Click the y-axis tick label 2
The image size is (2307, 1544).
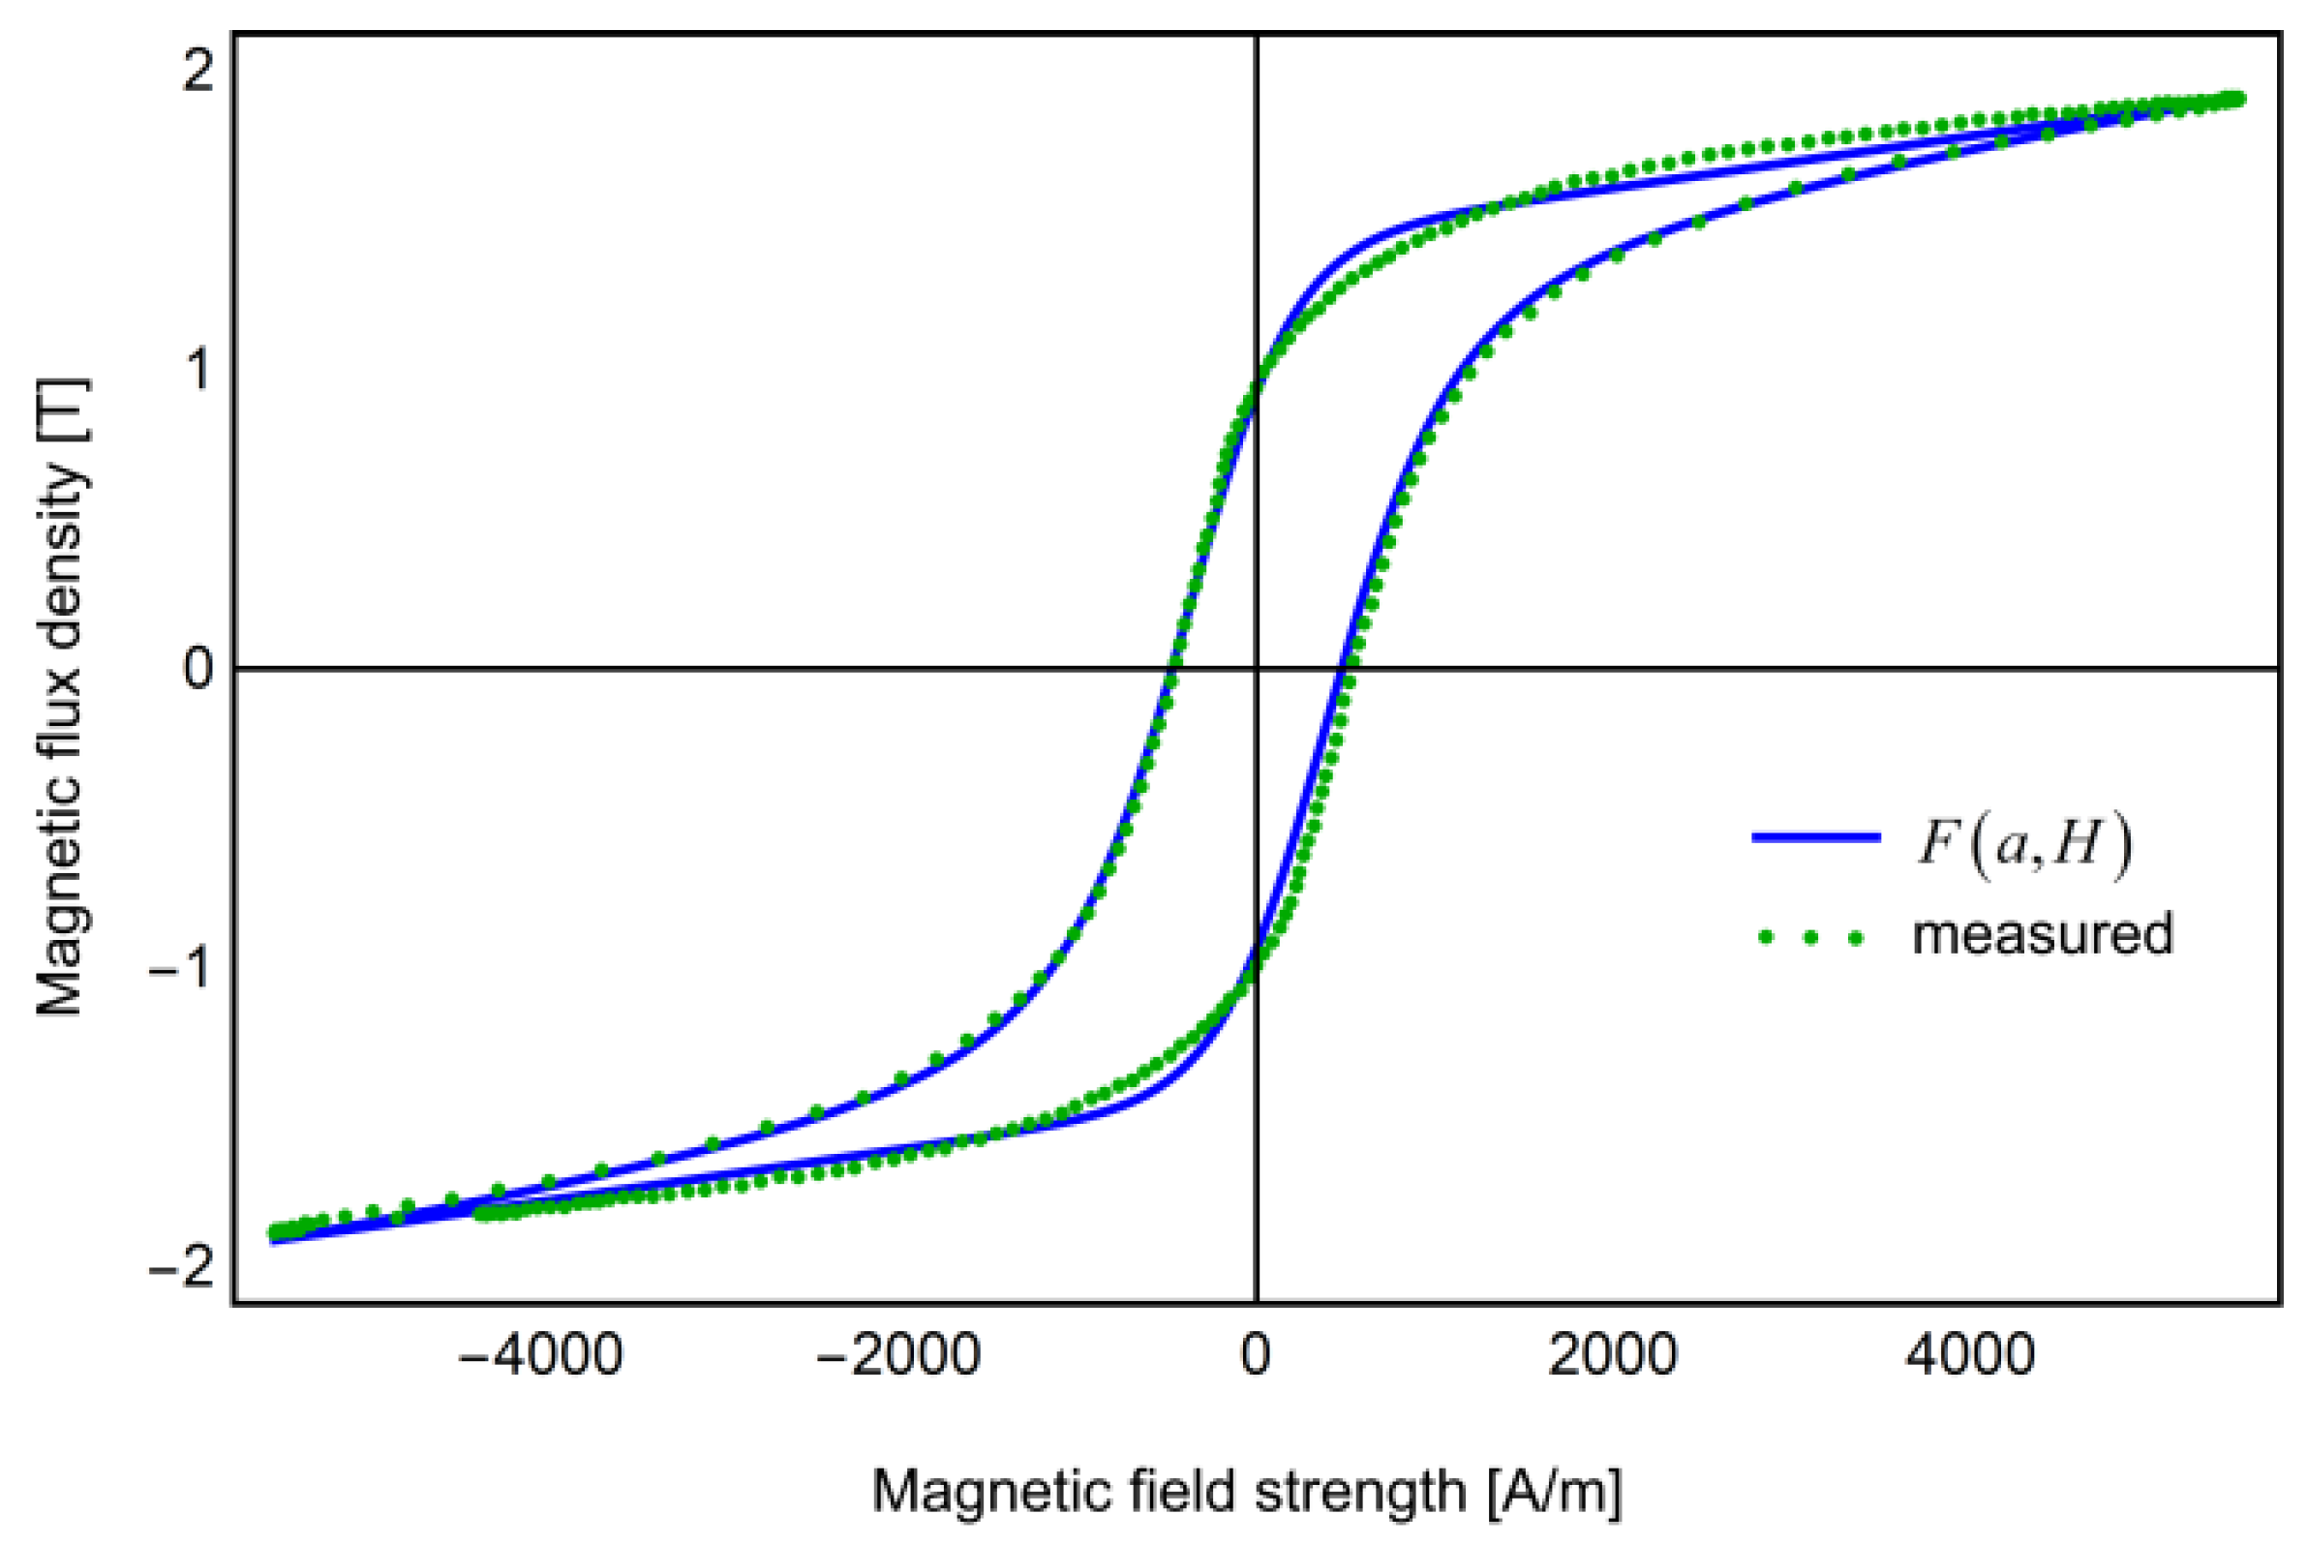coord(197,71)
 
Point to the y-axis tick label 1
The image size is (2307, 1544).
coord(199,369)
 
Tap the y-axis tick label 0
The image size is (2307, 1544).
coord(197,669)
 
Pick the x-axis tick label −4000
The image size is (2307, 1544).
coord(540,1356)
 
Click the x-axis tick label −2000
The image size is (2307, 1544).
coord(898,1356)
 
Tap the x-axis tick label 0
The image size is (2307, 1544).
coord(1256,1356)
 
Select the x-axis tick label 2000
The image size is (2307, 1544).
coord(1613,1356)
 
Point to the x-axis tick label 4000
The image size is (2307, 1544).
coord(1970,1356)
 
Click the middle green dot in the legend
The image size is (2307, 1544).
coord(1809,938)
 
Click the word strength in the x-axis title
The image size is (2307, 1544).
coord(1360,1491)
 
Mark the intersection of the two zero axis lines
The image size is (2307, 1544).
coord(1257,669)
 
